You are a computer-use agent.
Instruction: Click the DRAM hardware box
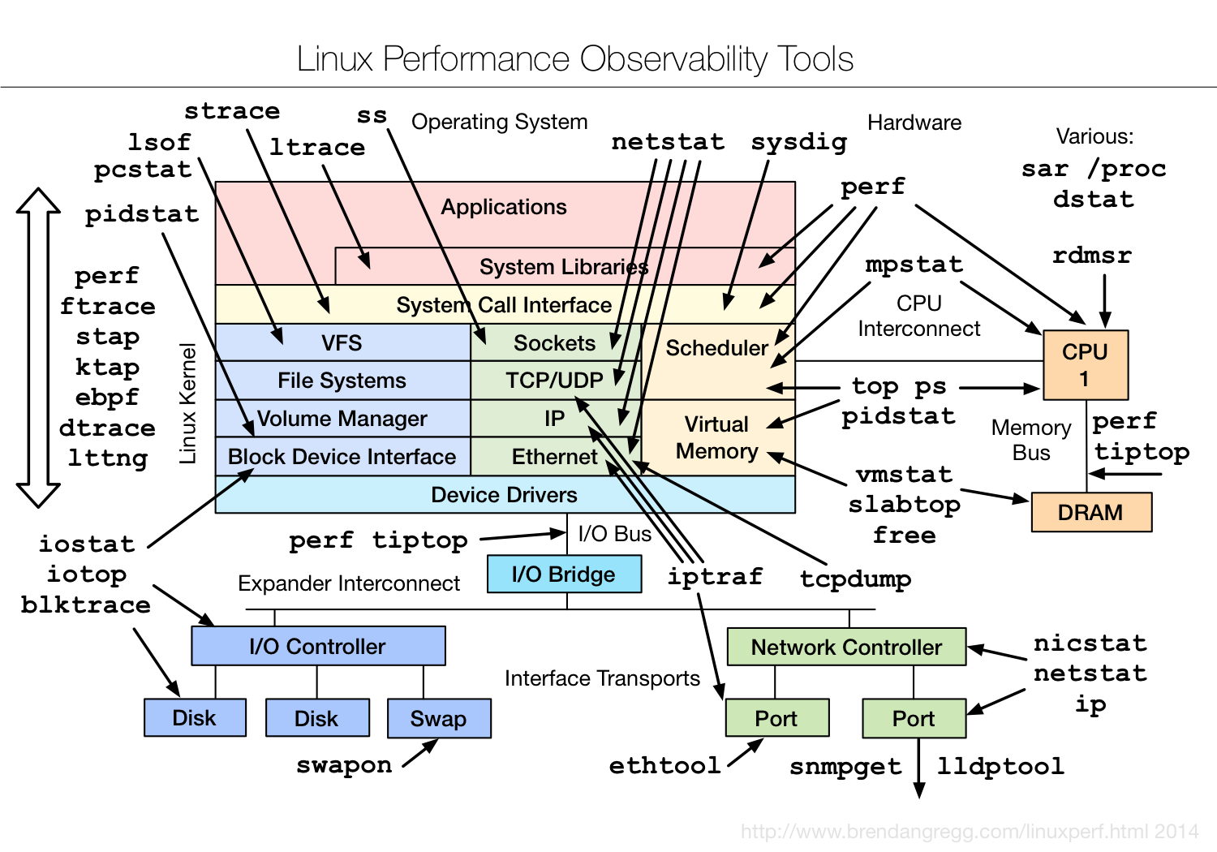point(1091,513)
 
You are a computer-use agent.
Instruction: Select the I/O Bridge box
point(564,574)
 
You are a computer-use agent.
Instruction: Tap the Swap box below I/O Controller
point(439,719)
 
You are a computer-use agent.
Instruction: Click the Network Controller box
point(846,648)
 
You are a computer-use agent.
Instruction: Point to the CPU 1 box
point(1085,365)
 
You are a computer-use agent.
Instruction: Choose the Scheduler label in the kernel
point(716,348)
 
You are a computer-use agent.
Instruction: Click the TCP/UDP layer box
point(555,381)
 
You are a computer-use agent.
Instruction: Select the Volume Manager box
point(342,419)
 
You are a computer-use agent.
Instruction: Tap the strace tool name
point(232,111)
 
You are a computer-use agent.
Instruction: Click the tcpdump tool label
point(855,579)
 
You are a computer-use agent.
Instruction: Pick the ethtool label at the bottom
point(664,765)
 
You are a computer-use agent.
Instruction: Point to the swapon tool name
point(344,765)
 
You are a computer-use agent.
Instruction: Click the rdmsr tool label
point(1091,256)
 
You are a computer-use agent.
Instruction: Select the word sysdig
point(798,142)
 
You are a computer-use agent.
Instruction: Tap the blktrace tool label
point(86,605)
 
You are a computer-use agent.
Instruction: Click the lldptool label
point(1000,766)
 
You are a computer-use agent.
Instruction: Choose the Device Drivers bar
point(504,495)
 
